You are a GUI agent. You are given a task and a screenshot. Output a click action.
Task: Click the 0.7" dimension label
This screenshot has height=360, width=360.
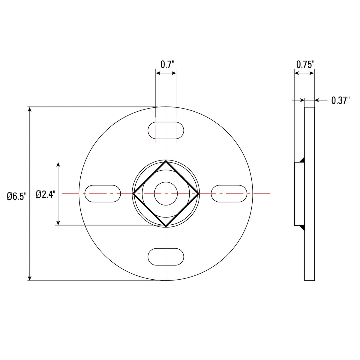tap(167, 64)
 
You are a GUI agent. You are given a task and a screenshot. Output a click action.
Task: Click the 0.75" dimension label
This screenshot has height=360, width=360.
tap(305, 64)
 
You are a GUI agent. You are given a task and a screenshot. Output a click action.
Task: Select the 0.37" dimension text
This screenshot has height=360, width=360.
tap(340, 100)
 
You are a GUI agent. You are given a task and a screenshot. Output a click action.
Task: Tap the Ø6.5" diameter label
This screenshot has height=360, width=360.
tap(17, 196)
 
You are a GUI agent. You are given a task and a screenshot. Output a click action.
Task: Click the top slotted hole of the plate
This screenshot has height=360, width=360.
tap(166, 130)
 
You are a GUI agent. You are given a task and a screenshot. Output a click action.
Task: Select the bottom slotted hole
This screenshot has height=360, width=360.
tap(166, 257)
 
